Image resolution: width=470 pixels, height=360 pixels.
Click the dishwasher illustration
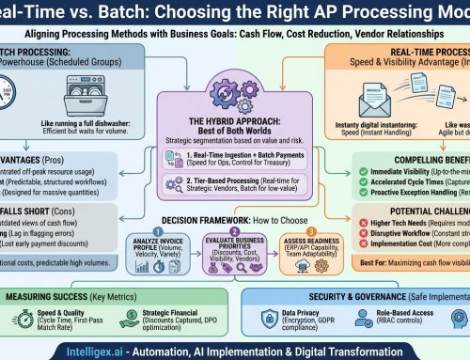click(x=66, y=98)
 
